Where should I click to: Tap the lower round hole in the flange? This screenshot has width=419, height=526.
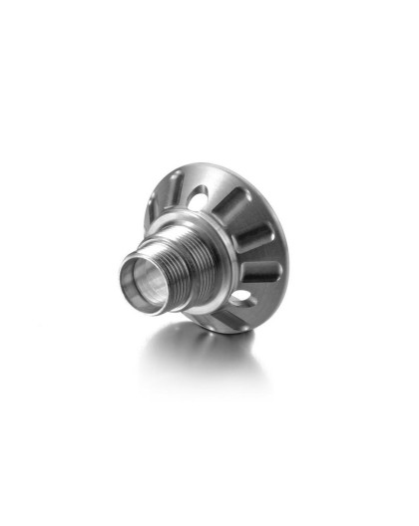241,296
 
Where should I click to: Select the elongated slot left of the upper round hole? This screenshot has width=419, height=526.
177,188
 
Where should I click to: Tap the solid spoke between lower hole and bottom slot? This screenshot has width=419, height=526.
232,309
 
